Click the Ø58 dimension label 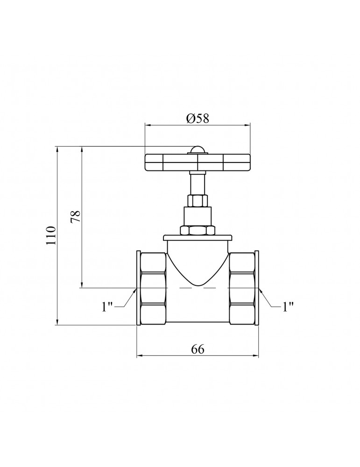[198, 118]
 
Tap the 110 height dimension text [51, 235]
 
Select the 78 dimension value [75, 217]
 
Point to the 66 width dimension [198, 349]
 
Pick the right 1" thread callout [288, 306]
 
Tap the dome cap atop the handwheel [198, 150]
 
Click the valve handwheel [198, 163]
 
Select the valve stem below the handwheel [198, 183]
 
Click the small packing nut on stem [198, 201]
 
